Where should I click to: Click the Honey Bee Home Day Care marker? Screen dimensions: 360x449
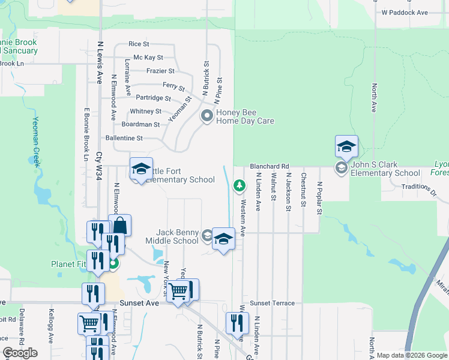[207, 116]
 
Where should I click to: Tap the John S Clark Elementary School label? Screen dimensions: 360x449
[385, 169]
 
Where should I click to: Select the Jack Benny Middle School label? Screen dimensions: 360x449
[177, 236]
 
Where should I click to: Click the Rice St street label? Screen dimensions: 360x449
[139, 44]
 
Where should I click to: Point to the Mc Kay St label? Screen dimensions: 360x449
[148, 58]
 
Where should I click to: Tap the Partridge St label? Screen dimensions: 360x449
[153, 98]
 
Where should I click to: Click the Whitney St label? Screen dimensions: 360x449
[145, 112]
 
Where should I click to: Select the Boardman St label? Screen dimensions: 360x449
[140, 125]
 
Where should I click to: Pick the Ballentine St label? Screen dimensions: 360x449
[124, 138]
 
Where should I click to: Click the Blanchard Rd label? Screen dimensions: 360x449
[270, 166]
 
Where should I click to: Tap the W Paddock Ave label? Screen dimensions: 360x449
[405, 12]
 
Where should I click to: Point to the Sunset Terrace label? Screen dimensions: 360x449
[273, 303]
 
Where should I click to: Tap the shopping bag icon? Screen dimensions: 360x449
[119, 226]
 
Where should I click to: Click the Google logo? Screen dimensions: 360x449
[20, 353]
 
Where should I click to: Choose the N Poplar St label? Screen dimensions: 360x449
[319, 199]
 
